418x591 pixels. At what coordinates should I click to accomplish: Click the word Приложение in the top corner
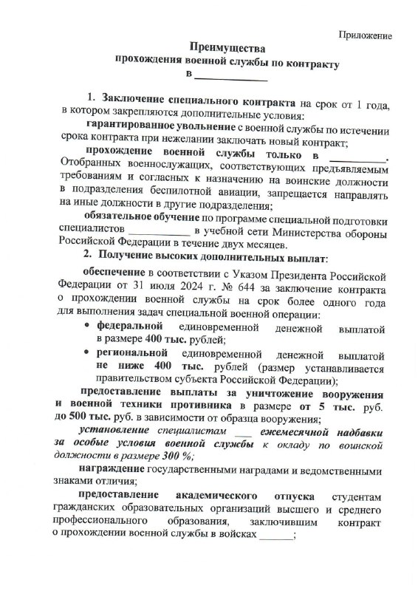point(366,34)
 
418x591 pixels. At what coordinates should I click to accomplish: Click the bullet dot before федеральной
point(89,325)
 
